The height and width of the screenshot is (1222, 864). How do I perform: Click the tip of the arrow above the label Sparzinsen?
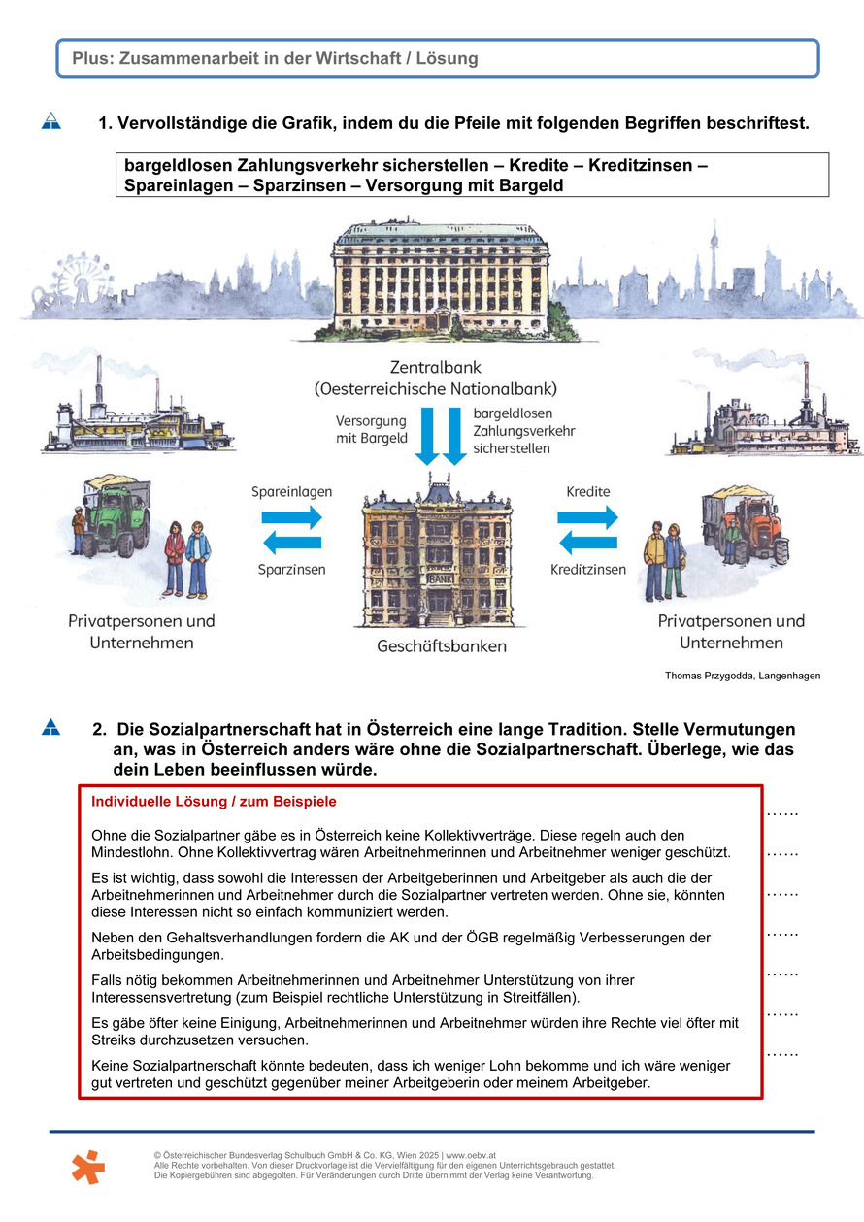(x=264, y=543)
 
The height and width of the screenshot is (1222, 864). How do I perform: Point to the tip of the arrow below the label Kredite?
(x=617, y=516)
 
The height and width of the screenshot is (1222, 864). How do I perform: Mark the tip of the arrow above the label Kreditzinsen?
(x=560, y=543)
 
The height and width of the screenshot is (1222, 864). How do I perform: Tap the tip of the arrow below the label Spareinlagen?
(x=322, y=516)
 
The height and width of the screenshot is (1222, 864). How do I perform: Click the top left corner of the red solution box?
(x=79, y=785)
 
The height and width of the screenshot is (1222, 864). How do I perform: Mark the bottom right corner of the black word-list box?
(x=828, y=196)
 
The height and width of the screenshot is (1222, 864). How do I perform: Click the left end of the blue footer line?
(x=50, y=1132)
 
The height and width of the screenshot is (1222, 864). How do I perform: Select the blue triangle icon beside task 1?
(x=51, y=120)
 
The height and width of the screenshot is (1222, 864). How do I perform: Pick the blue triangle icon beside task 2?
(x=51, y=727)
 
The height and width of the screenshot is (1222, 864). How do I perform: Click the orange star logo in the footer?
(x=88, y=1167)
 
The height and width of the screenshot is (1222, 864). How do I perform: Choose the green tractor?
(x=116, y=518)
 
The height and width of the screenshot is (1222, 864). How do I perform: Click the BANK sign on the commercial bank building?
(x=440, y=578)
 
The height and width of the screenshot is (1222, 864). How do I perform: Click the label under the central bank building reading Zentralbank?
(x=436, y=367)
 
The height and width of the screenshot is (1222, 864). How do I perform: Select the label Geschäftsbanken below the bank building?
(x=442, y=646)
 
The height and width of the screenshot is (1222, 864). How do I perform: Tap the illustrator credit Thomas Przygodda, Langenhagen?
(x=743, y=676)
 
